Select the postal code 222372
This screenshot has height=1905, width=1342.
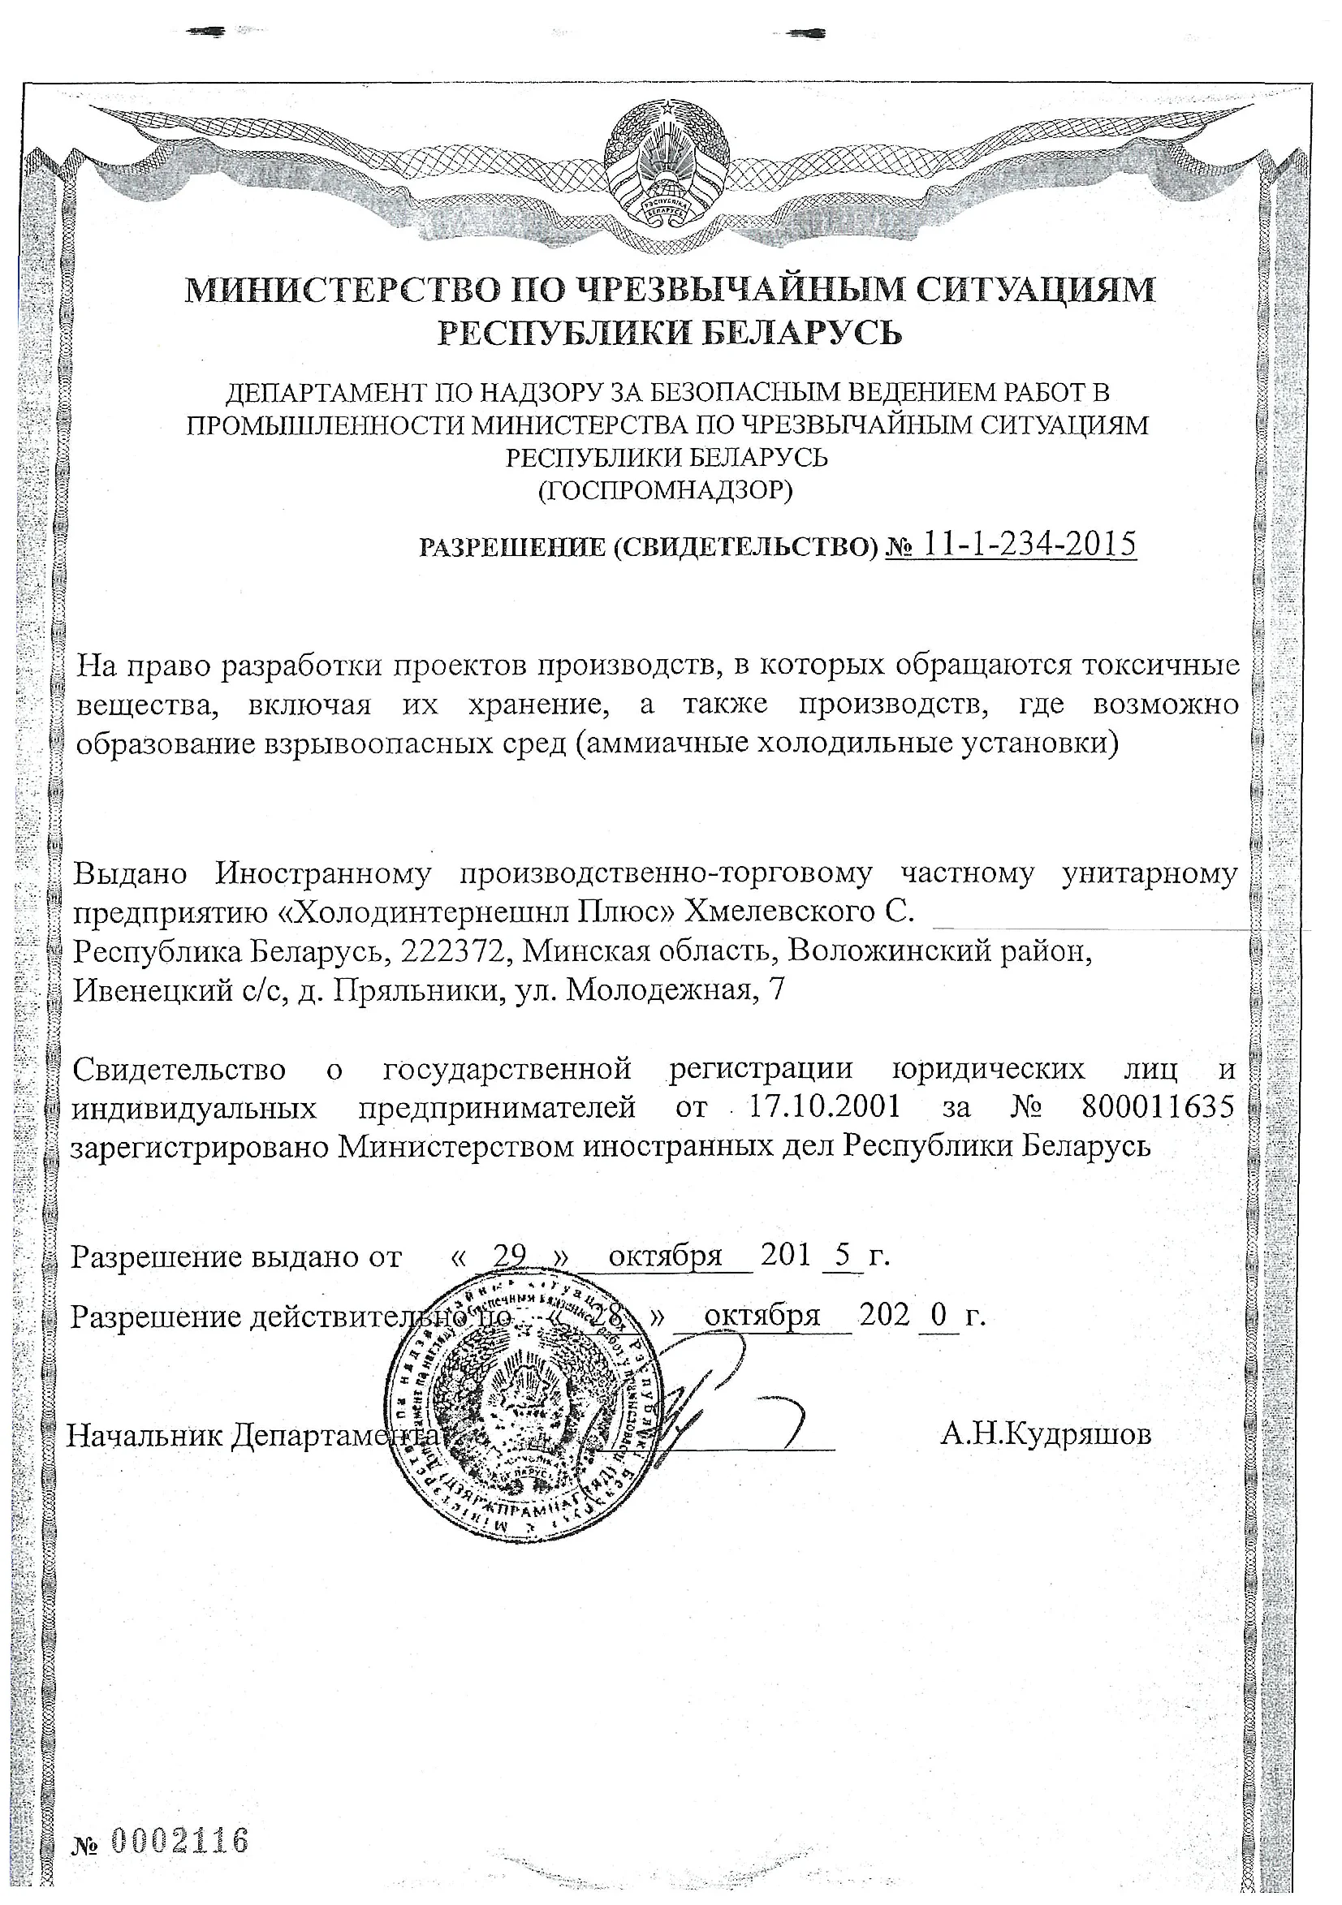452,950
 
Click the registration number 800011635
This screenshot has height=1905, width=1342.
1158,1107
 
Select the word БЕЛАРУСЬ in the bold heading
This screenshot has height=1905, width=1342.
803,334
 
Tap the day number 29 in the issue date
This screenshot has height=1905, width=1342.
509,1256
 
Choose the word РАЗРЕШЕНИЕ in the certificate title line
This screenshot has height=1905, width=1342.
512,548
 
